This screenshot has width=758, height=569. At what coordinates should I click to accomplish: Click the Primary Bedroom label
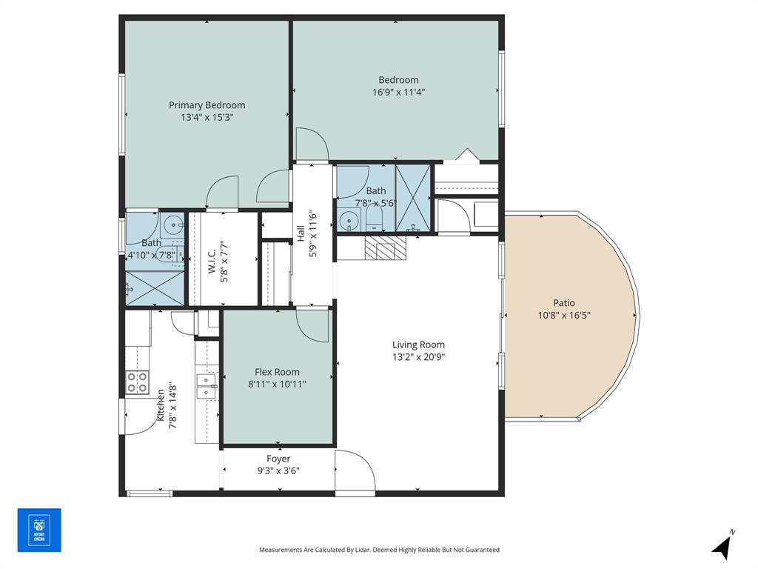pos(207,105)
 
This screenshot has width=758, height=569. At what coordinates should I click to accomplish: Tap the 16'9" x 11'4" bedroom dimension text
pos(398,93)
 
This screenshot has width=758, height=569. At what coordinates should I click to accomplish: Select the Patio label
pos(563,302)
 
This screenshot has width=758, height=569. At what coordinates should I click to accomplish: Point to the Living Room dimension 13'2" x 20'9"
pos(418,356)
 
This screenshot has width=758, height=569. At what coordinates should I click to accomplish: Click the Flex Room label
pos(277,372)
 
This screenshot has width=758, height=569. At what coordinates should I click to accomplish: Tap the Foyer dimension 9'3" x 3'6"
pos(278,470)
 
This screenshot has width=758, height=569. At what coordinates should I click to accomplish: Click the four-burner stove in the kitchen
pos(137,382)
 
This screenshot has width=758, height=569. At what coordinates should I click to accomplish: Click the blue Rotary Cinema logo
pos(39,530)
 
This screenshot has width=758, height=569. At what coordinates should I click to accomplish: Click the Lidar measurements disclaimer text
pos(379,550)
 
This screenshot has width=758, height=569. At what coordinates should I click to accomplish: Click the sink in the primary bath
pos(171,222)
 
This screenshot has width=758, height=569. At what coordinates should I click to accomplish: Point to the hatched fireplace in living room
pos(386,247)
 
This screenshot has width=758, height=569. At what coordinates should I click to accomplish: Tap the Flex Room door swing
pos(312,325)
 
